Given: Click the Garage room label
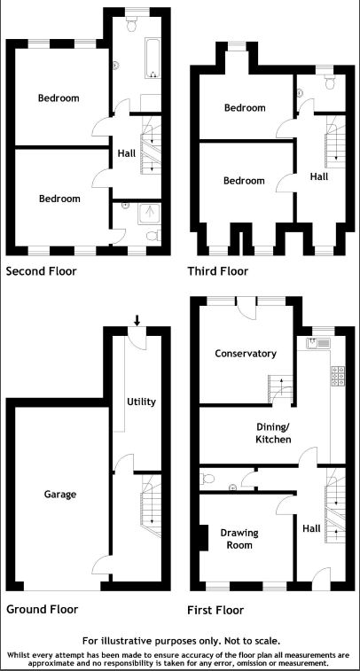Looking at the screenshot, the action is coord(60,495).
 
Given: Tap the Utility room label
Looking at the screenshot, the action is coord(141,402).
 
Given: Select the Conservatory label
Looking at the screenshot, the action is coord(246,354).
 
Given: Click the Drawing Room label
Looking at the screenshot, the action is coord(239,539).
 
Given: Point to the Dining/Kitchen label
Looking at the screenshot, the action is coord(273,433).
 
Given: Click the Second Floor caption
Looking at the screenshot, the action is coord(41,271).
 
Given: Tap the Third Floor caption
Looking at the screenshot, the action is coord(218,271).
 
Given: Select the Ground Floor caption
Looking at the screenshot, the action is coord(42,609).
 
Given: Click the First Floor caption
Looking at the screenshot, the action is coord(215,609).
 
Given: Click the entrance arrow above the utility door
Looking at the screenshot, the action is coord(137,320).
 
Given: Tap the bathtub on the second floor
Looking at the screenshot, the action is coord(153,59).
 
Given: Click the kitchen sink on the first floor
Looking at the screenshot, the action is coord(318,343).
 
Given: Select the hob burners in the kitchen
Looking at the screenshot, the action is coord(338,376).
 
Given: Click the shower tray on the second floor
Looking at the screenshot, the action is coord(149,214).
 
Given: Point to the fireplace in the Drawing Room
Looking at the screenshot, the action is coord(204,538).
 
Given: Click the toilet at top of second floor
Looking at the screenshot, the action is coord(132,24).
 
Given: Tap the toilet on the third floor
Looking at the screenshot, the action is coord(330,82).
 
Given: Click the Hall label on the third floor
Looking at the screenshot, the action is coord(319,176).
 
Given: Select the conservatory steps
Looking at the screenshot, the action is coord(280,389).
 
